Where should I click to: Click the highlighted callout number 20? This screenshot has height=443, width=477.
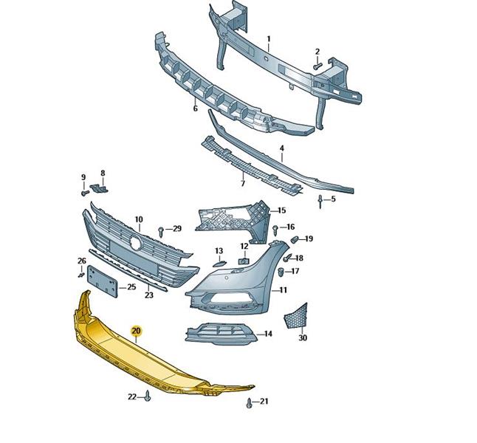[x=137, y=331]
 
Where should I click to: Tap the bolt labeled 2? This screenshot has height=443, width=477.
[x=317, y=66]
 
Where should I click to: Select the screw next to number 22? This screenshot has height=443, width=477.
[x=148, y=396]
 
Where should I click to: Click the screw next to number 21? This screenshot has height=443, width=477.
[x=249, y=403]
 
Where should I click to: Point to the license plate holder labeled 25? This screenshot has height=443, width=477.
[x=103, y=281]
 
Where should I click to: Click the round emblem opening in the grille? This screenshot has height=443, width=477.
[x=135, y=243]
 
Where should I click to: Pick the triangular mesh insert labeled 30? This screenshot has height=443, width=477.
[x=295, y=316]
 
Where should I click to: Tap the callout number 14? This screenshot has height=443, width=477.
[x=268, y=334]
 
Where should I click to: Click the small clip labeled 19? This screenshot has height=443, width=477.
[x=295, y=239]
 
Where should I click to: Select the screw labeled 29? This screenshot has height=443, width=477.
[x=161, y=232]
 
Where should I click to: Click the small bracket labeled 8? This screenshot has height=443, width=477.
[x=99, y=188]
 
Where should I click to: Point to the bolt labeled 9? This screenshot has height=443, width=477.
[x=85, y=193]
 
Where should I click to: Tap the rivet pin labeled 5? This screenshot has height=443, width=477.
[x=320, y=202]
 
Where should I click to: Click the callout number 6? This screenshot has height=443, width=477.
[x=195, y=109]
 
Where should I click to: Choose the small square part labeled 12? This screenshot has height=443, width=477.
[x=244, y=261]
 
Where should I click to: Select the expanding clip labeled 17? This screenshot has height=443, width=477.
[x=281, y=272]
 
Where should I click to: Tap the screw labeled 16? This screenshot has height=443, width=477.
[x=275, y=230]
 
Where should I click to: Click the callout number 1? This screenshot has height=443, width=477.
[x=269, y=39]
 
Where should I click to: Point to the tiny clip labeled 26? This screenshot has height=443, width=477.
[x=81, y=275]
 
